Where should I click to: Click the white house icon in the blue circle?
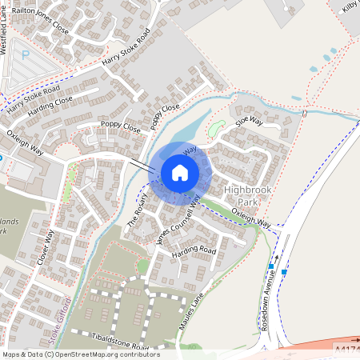(x=180, y=172)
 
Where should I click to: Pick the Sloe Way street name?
(x=249, y=122)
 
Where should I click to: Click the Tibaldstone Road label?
(x=121, y=341)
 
